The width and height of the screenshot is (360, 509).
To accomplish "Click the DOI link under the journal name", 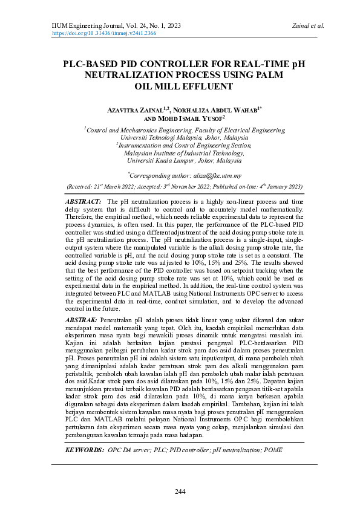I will click(x=104, y=34).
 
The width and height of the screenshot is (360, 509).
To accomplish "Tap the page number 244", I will click(x=180, y=491).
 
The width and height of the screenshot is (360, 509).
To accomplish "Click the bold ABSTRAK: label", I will click(x=80, y=318).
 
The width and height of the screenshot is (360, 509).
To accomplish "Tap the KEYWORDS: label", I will click(x=84, y=450).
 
